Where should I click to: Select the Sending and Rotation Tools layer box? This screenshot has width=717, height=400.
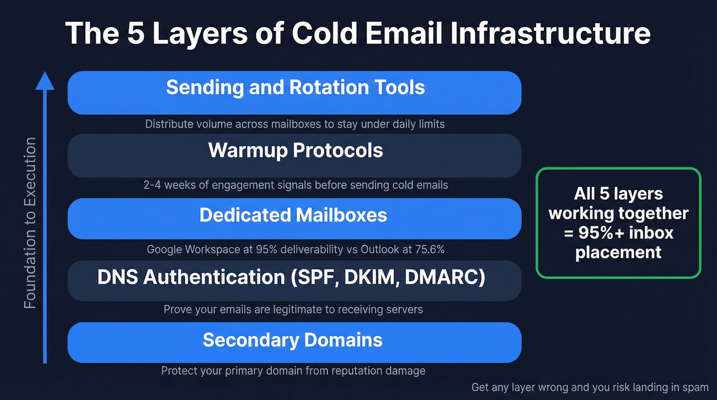point(294,93)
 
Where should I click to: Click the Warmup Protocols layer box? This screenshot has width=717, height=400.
point(294,155)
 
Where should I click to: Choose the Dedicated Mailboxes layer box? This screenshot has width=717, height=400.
point(294,218)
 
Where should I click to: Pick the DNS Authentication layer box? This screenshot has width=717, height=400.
point(294,280)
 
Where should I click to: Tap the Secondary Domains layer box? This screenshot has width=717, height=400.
point(294,342)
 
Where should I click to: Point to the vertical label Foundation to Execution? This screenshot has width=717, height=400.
point(31,223)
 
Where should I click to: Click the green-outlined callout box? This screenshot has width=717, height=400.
point(618,223)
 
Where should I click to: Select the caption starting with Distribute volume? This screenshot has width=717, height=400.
point(294,124)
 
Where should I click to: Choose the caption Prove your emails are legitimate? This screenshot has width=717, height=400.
point(293,309)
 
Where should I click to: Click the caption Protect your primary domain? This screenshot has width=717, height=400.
point(293,371)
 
